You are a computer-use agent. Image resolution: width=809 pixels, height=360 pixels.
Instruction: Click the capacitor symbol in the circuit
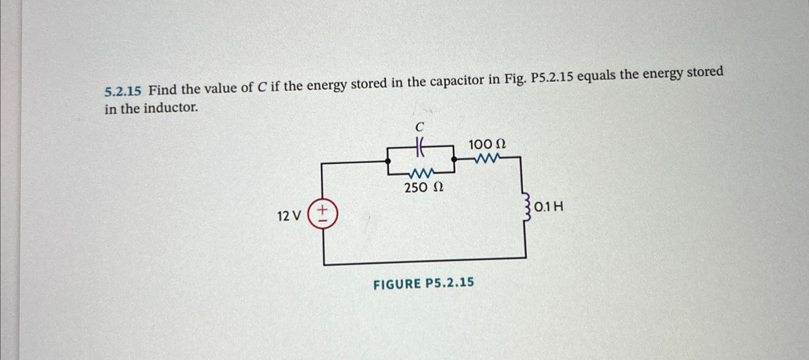[x=419, y=147]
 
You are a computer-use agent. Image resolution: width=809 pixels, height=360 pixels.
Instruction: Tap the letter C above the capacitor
[x=419, y=127]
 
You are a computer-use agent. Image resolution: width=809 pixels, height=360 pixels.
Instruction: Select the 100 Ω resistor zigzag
[x=487, y=158]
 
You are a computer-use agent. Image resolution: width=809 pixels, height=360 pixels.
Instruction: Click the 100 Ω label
[x=487, y=145]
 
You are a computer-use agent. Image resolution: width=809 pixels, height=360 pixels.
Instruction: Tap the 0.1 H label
[x=549, y=207]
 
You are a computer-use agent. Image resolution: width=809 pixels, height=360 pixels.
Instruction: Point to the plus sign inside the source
[x=323, y=210]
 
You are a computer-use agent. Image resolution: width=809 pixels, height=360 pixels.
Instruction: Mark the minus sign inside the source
[x=323, y=221]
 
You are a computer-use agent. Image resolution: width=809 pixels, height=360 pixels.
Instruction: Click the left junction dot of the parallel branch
[x=388, y=161]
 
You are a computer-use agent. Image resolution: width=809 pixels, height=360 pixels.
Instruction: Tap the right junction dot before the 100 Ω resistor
[x=454, y=159]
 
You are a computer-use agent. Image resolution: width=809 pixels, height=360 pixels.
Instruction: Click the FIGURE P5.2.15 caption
[x=424, y=283]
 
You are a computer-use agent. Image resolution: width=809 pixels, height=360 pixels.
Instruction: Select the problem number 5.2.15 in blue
[x=123, y=91]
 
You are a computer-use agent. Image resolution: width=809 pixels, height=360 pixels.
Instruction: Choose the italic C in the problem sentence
[x=262, y=88]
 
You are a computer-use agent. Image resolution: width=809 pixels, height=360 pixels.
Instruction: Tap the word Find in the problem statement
[x=163, y=90]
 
